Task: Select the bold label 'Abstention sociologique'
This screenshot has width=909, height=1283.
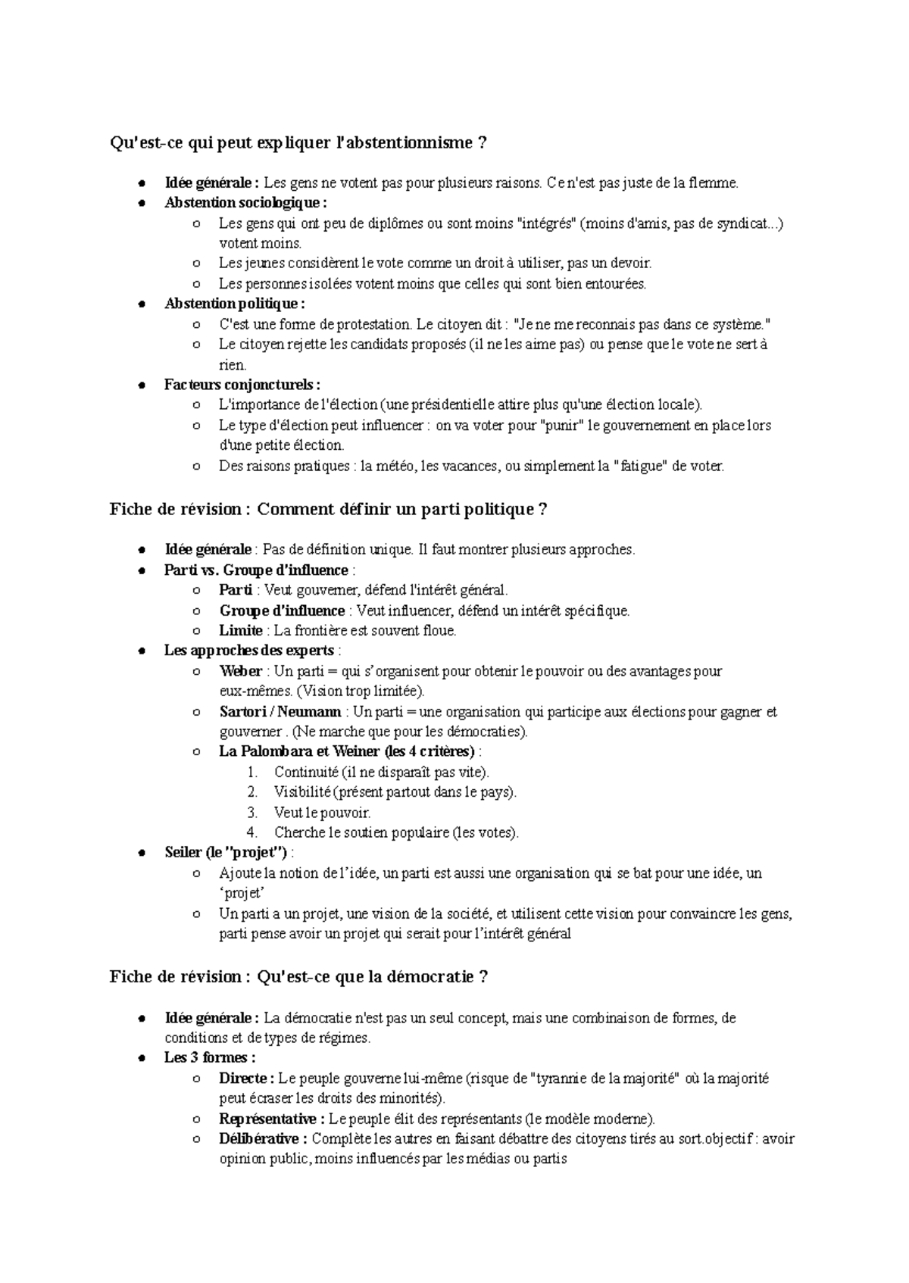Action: coord(245,203)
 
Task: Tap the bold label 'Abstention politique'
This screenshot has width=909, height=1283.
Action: coord(233,304)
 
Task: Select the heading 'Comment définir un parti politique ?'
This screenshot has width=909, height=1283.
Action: coord(402,509)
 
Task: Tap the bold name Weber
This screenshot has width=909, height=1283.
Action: coord(240,671)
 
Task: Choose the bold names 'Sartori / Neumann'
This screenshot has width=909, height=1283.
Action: coord(280,712)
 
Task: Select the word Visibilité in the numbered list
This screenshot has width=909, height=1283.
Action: coord(302,792)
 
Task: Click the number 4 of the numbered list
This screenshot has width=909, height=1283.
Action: coord(252,833)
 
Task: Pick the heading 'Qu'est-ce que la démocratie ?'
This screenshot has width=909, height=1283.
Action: coord(373,977)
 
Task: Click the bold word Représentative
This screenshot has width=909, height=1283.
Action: coord(267,1119)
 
